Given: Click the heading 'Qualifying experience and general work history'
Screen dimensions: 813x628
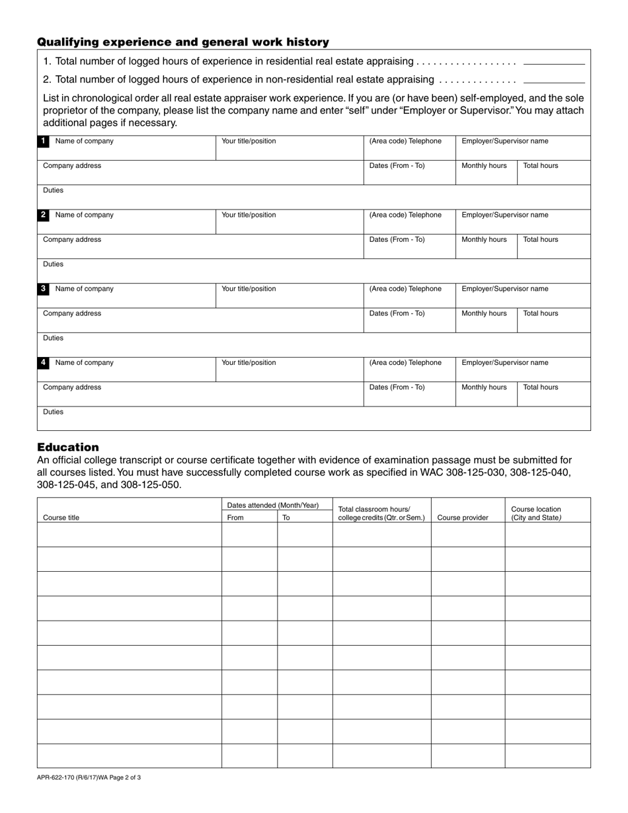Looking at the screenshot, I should pyautogui.click(x=183, y=42).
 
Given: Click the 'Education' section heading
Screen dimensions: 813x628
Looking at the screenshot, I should pyautogui.click(x=68, y=447).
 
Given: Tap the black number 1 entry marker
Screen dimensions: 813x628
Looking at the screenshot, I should pyautogui.click(x=43, y=141).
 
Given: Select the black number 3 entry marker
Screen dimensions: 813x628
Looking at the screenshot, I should pyautogui.click(x=43, y=289).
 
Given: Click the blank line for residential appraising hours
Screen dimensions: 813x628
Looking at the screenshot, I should pyautogui.click(x=554, y=63).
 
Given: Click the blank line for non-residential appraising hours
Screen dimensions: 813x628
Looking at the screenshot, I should pyautogui.click(x=554, y=81).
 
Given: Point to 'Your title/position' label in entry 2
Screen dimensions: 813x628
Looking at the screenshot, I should pyautogui.click(x=249, y=215).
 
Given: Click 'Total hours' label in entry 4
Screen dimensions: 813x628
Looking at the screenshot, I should pyautogui.click(x=540, y=387).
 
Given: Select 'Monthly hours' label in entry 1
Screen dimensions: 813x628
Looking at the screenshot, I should pyautogui.click(x=484, y=166).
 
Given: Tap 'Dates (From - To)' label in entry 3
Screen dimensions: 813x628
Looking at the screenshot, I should pyautogui.click(x=397, y=313).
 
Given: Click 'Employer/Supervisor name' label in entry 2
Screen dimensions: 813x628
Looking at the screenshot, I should pyautogui.click(x=504, y=215).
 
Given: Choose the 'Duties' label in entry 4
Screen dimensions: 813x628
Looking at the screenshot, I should pyautogui.click(x=54, y=412).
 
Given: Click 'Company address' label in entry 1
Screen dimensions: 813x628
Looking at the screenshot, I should pyautogui.click(x=72, y=166).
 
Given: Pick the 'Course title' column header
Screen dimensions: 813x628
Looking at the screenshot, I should pyautogui.click(x=61, y=518).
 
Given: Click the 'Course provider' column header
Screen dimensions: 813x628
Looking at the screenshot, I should pyautogui.click(x=463, y=518).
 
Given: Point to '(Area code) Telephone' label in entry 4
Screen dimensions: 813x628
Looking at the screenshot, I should pyautogui.click(x=405, y=363).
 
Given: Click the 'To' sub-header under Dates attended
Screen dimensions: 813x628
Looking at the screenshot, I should pyautogui.click(x=286, y=518).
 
